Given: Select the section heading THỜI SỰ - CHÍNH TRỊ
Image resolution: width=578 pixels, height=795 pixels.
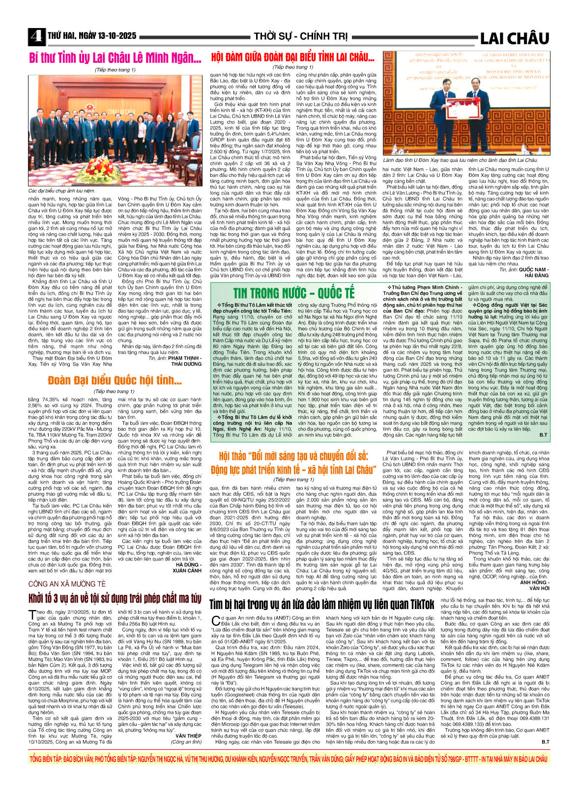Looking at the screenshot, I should click(300, 36).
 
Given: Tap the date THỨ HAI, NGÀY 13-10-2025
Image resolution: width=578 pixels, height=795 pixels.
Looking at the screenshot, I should click(92, 36).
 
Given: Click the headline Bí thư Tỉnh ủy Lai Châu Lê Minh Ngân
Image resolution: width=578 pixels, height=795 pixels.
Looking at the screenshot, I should click(115, 58).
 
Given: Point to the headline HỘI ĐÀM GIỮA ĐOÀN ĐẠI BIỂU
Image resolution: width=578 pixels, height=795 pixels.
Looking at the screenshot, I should click(292, 57).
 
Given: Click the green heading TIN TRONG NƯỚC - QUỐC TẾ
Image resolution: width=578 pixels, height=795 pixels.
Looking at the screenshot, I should click(293, 293).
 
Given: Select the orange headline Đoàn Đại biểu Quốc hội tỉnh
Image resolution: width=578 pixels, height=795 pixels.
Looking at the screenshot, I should click(115, 381).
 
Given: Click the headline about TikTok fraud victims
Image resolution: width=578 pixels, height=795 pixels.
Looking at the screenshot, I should click(322, 604).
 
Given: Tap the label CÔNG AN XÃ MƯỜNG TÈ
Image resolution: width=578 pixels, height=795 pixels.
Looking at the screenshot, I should click(67, 584).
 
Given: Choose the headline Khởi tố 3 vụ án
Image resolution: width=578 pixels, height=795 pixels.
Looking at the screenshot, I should click(115, 598).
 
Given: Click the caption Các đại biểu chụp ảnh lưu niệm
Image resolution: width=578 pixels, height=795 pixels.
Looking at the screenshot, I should click(61, 190).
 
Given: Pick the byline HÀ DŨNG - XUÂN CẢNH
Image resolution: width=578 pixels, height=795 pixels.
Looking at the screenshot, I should click(187, 568).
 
